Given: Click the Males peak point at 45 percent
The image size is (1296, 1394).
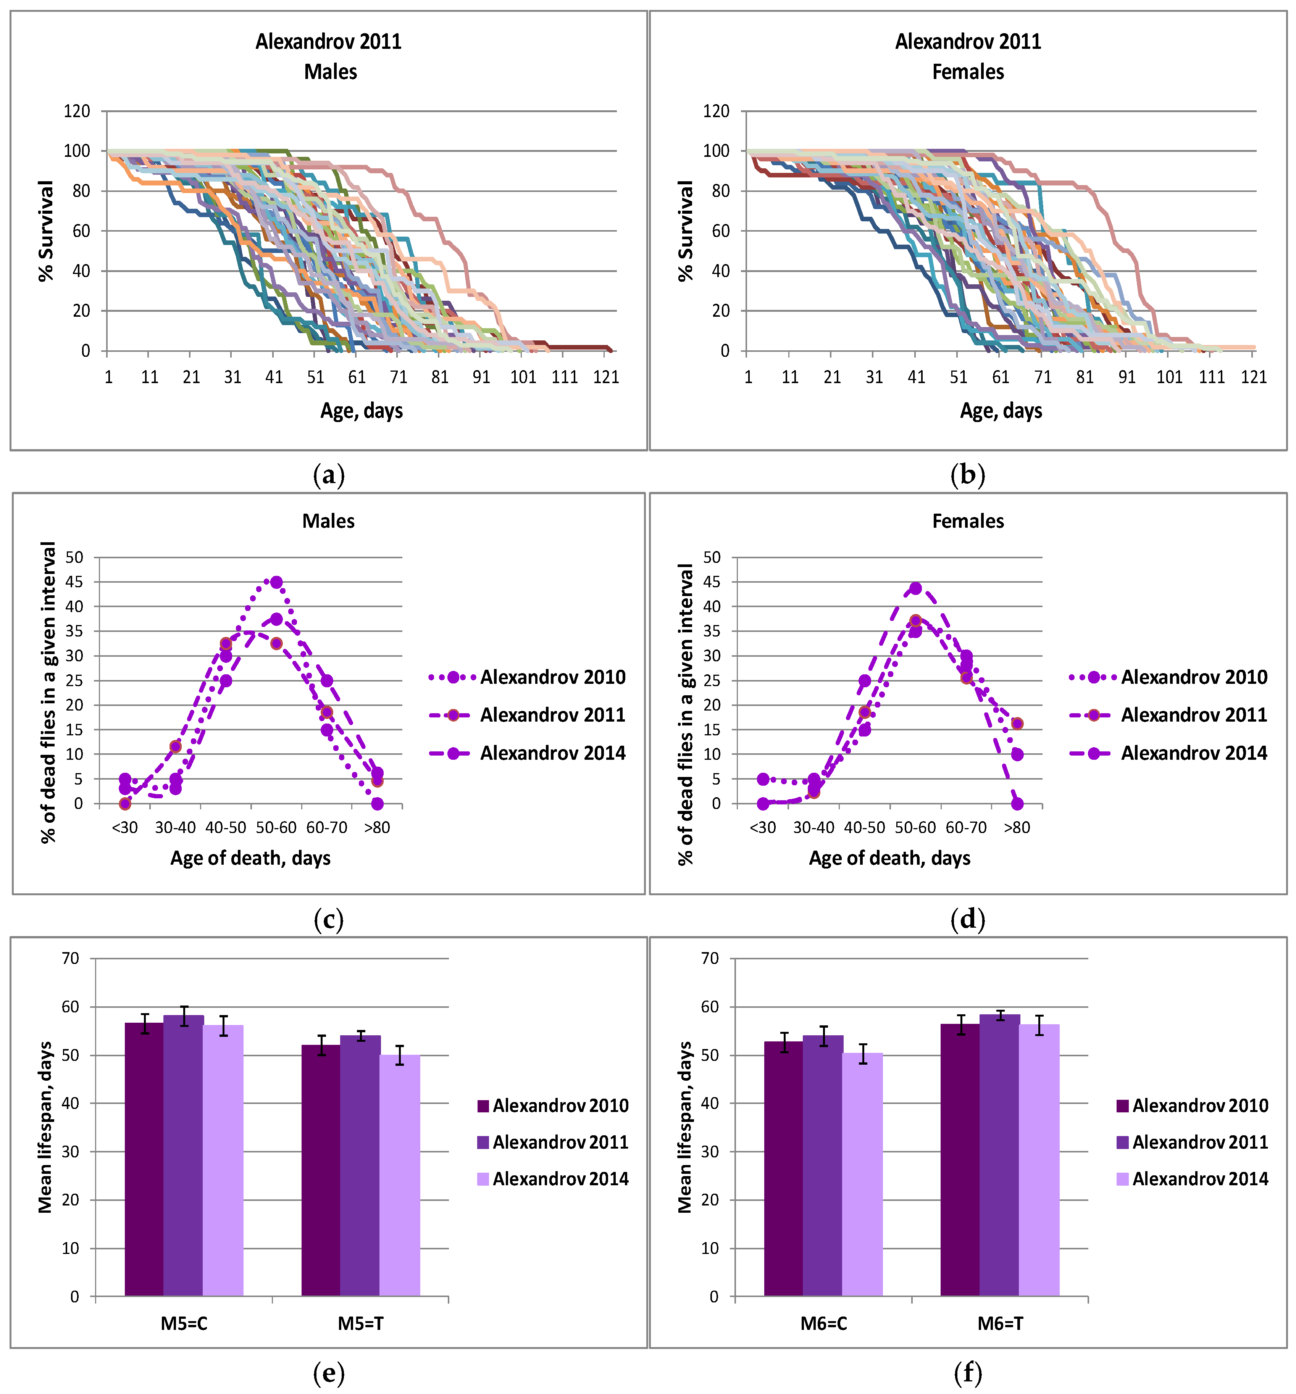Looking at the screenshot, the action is tap(276, 582).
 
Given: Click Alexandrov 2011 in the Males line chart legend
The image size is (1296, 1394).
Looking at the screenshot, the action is tap(553, 715).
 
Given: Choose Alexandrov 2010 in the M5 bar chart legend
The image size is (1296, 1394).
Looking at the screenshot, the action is tap(560, 1106).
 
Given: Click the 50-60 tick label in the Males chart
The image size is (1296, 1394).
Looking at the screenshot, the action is tap(276, 827).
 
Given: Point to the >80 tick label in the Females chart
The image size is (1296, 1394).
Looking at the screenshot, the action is tap(1017, 827).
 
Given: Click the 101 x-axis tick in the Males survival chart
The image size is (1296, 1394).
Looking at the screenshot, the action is tap(523, 377).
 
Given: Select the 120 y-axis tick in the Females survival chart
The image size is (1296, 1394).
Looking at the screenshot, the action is tap(716, 111).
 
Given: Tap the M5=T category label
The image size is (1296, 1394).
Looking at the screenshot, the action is tap(360, 1324).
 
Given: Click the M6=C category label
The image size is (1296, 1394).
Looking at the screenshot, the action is tap(824, 1324).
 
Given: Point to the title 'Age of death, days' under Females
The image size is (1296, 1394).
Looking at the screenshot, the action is tap(889, 858).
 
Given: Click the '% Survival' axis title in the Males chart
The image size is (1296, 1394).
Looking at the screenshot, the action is tap(46, 231).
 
